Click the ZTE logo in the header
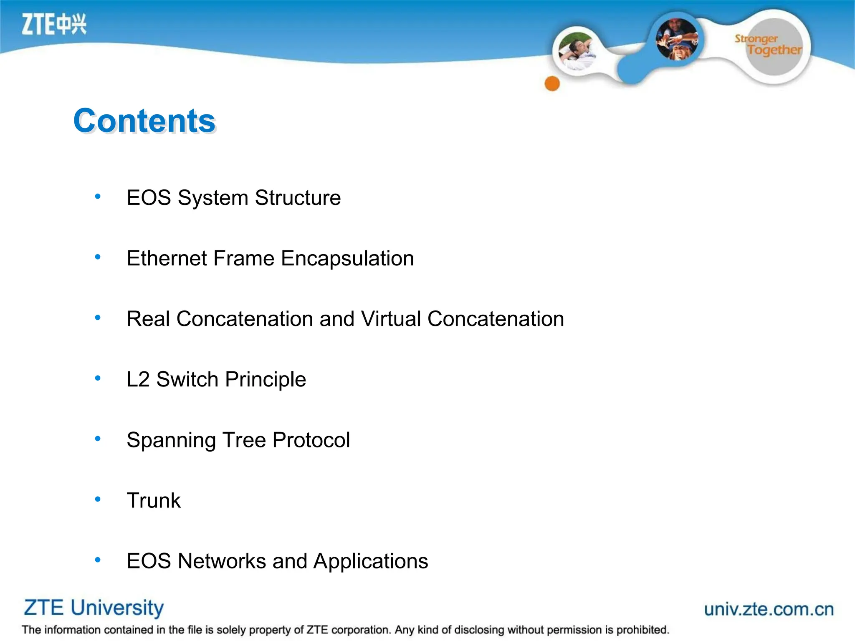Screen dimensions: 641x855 click(x=54, y=24)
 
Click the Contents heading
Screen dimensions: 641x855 click(x=144, y=121)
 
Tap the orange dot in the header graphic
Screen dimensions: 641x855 click(x=552, y=83)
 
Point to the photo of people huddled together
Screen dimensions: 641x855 click(x=677, y=39)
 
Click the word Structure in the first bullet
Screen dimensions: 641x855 click(x=298, y=197)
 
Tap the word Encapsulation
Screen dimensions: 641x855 click(x=347, y=258)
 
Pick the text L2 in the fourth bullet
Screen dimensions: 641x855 click(x=138, y=379)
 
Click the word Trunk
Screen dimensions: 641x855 click(x=154, y=500)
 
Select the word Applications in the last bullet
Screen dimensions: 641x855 click(x=371, y=561)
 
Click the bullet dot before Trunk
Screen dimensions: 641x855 click(x=98, y=499)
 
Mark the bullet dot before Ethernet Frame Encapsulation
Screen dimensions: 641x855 click(x=98, y=257)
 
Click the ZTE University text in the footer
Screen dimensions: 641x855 click(x=94, y=608)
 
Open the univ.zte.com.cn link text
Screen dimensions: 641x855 click(x=769, y=609)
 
